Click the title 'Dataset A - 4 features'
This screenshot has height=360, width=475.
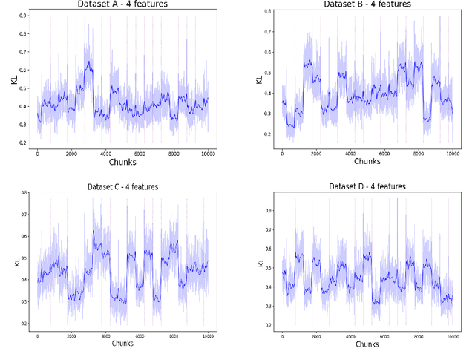tap(122, 4)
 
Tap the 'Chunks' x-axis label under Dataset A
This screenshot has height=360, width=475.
tap(123, 161)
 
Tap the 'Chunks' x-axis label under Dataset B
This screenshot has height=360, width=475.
tap(367, 161)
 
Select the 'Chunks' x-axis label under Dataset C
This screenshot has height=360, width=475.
tap(123, 344)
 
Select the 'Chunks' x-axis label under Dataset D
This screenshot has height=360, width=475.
tap(367, 344)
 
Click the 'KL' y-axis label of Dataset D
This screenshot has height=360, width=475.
tap(261, 261)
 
